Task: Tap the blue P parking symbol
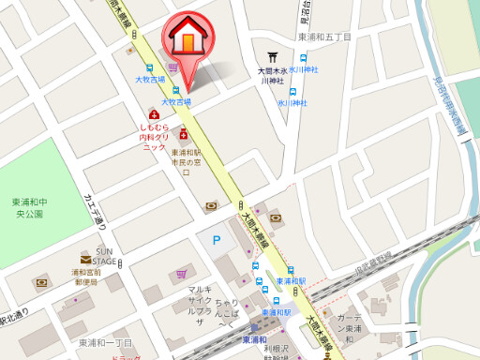click(217, 242)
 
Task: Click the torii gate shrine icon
click(273, 56)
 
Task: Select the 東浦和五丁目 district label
click(323, 37)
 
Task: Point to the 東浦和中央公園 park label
click(29, 208)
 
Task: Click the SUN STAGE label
click(104, 256)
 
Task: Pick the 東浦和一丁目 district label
click(105, 342)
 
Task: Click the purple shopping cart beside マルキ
click(180, 274)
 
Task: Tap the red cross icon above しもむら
click(154, 114)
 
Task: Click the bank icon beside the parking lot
click(210, 205)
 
